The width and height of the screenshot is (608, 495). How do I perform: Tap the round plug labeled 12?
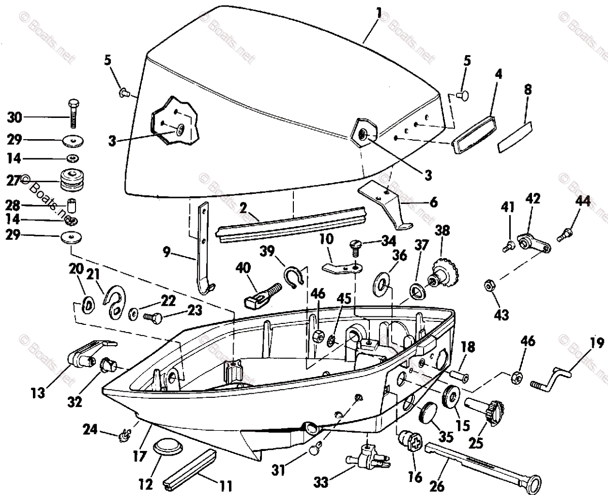166,447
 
